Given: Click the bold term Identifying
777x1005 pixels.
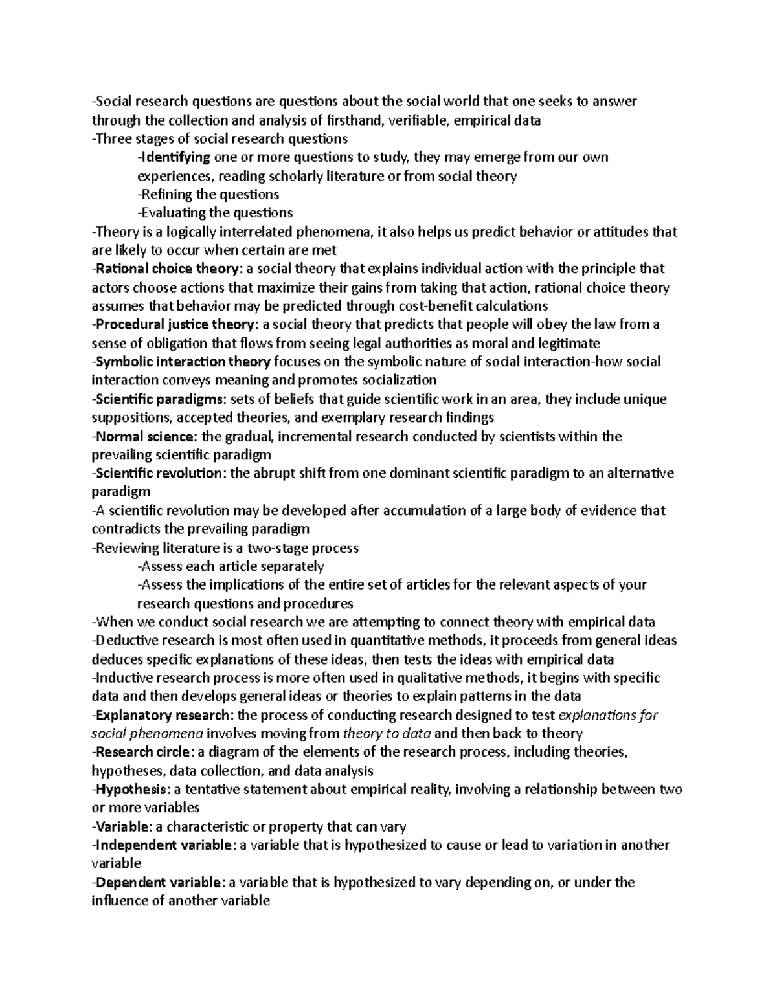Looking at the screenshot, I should coord(175,157).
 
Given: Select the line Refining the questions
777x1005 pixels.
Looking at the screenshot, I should coord(208,195).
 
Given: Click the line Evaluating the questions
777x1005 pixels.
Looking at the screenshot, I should coord(215,213).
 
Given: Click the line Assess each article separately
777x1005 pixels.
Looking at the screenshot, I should coord(231,567).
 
